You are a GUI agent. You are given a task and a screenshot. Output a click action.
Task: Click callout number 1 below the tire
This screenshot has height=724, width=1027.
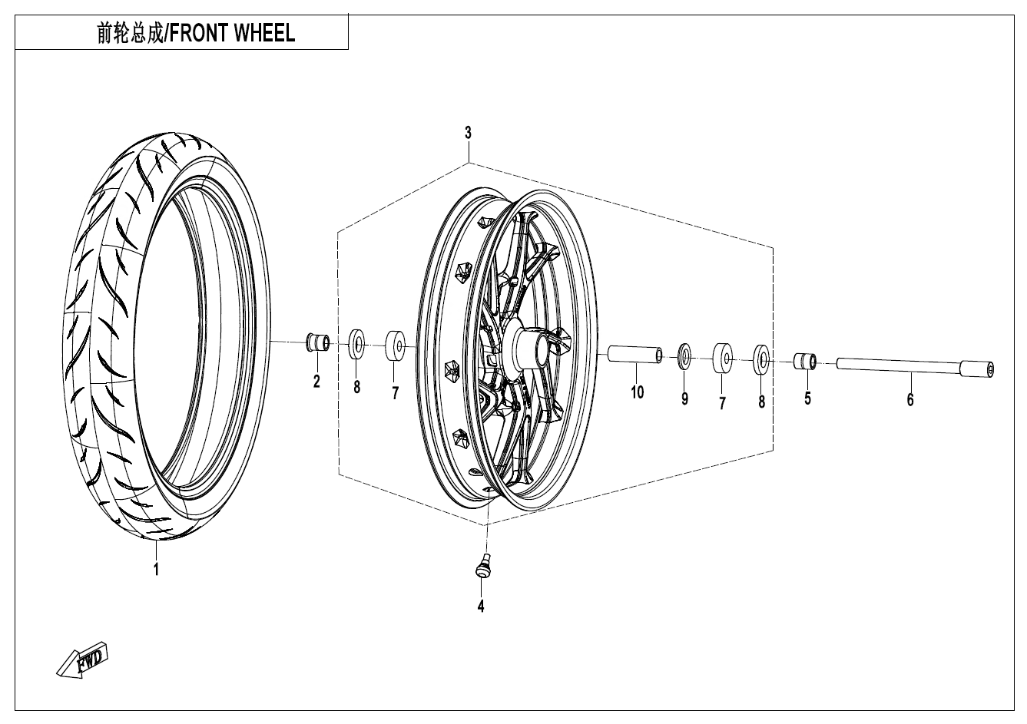(156, 569)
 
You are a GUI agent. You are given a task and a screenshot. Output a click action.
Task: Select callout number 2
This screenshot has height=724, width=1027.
(316, 381)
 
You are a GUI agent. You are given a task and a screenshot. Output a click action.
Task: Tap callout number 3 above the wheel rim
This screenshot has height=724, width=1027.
(468, 133)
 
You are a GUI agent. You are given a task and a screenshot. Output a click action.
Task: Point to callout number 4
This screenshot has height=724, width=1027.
(481, 606)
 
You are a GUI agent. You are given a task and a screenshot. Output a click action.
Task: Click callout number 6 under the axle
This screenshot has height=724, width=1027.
(910, 399)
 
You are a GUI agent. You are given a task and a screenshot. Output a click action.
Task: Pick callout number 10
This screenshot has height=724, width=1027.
(637, 393)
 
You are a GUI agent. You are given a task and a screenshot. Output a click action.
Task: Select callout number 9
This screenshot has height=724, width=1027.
(684, 398)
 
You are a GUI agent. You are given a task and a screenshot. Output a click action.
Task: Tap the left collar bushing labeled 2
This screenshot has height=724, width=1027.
(317, 342)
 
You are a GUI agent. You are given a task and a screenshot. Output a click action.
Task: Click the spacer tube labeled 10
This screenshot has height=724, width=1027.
(635, 354)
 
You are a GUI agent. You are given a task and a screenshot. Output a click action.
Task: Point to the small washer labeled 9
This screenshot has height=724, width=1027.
(684, 357)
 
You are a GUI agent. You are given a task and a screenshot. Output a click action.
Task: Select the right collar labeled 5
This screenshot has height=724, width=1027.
(805, 360)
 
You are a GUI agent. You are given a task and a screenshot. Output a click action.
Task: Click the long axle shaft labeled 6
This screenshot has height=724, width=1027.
(914, 367)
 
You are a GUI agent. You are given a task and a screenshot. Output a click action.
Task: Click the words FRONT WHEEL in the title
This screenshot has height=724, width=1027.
(231, 33)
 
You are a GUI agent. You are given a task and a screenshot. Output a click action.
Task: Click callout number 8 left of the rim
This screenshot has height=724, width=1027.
(356, 388)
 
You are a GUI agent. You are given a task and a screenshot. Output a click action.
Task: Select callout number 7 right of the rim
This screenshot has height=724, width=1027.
(722, 402)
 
